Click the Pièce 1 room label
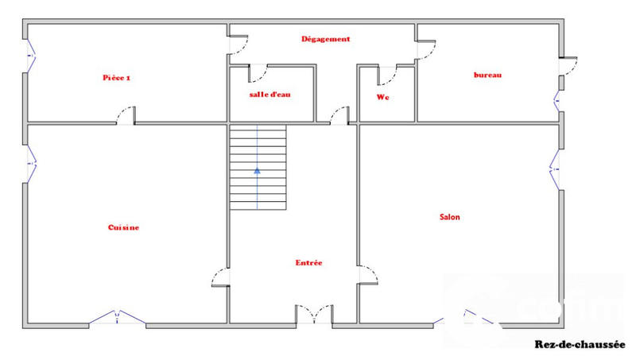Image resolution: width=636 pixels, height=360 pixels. click(x=116, y=78)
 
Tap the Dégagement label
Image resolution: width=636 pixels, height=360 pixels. click(x=325, y=38)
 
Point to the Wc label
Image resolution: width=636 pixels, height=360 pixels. click(x=382, y=97)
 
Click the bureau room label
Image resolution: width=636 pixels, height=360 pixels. click(x=487, y=75)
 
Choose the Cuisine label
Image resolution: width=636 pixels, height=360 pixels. click(x=123, y=227)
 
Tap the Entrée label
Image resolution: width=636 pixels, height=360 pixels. click(x=308, y=263)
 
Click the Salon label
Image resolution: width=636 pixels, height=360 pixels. click(x=449, y=216)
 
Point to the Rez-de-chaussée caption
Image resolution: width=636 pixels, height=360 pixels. click(x=580, y=345)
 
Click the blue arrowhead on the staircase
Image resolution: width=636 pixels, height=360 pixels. click(x=257, y=169)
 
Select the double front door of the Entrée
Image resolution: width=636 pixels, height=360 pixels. click(x=315, y=315)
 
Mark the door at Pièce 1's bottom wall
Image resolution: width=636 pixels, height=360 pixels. click(x=126, y=116)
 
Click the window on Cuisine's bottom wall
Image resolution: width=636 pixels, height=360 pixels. click(x=117, y=319)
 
